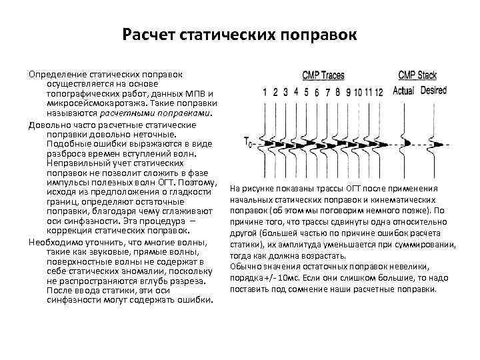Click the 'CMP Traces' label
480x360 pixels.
point(323,75)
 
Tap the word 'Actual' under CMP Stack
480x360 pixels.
point(403,91)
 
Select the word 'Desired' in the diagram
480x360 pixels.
point(434,91)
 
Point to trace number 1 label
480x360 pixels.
point(265,92)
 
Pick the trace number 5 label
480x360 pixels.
point(306,92)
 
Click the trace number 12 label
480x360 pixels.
point(379,92)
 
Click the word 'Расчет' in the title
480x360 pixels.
point(148,34)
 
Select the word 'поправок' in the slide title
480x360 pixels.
point(323,34)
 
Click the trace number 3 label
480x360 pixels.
point(285,92)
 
